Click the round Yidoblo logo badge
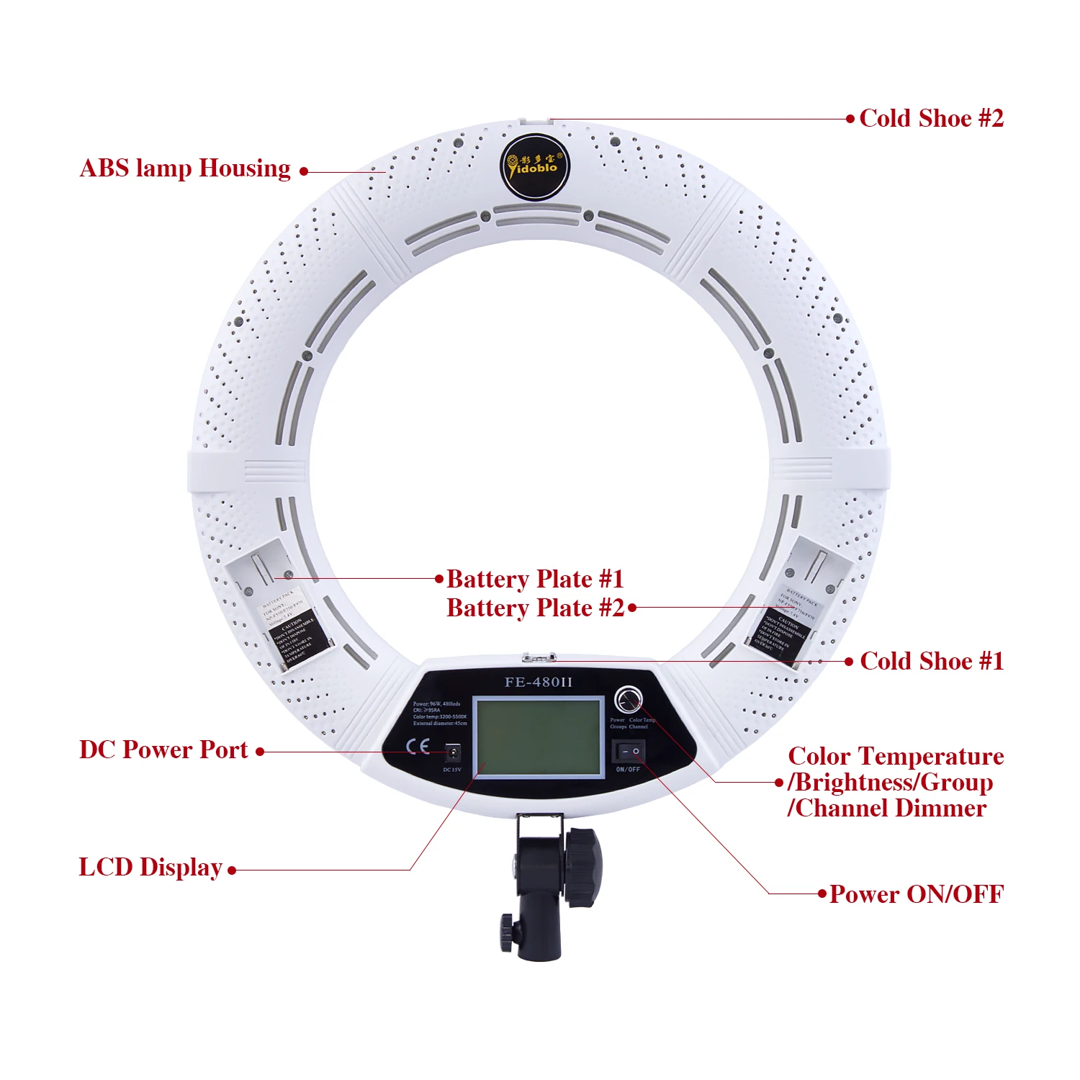(534, 167)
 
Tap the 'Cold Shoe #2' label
(931, 118)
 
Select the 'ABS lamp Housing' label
(185, 168)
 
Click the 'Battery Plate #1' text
(535, 579)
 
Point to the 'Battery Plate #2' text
(535, 608)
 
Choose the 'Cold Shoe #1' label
(932, 661)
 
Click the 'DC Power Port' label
(163, 750)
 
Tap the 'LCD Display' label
(150, 867)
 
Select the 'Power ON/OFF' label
(917, 894)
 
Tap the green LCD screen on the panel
(539, 737)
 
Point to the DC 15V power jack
(454, 753)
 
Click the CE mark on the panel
(418, 746)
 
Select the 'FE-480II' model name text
(539, 682)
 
